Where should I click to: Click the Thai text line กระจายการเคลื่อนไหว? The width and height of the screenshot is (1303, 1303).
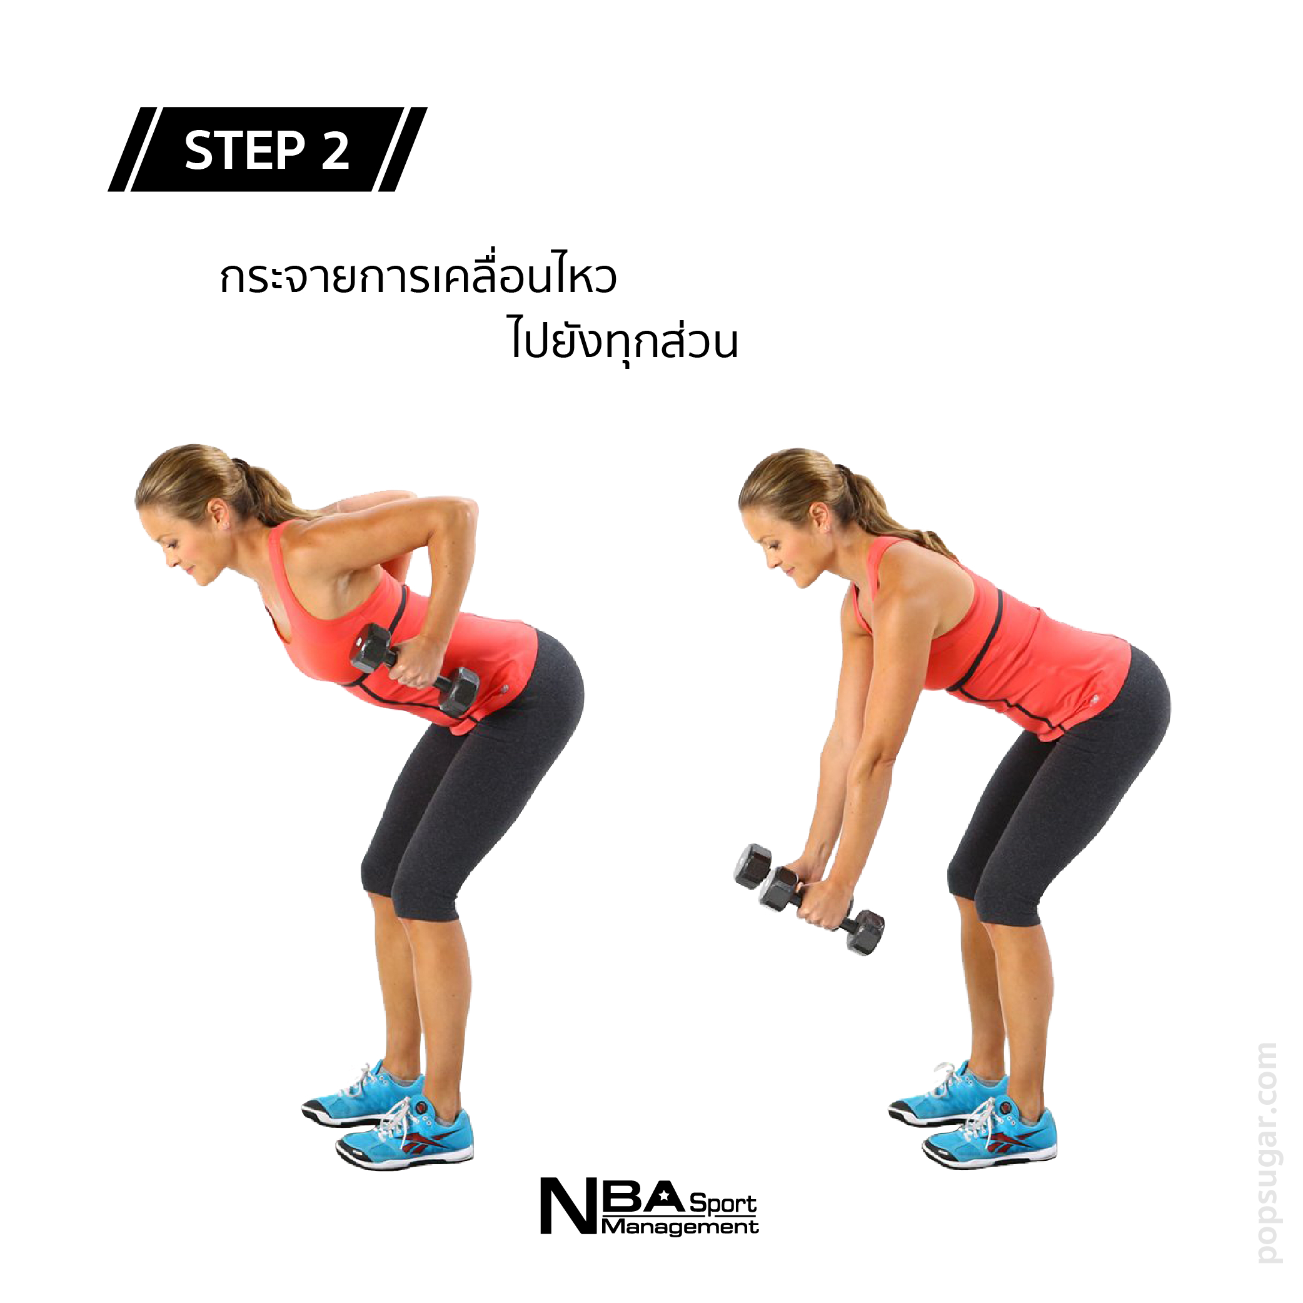(418, 276)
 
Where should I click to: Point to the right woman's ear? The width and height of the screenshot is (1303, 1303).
(818, 517)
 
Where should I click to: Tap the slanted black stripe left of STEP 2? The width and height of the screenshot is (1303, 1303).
(133, 149)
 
